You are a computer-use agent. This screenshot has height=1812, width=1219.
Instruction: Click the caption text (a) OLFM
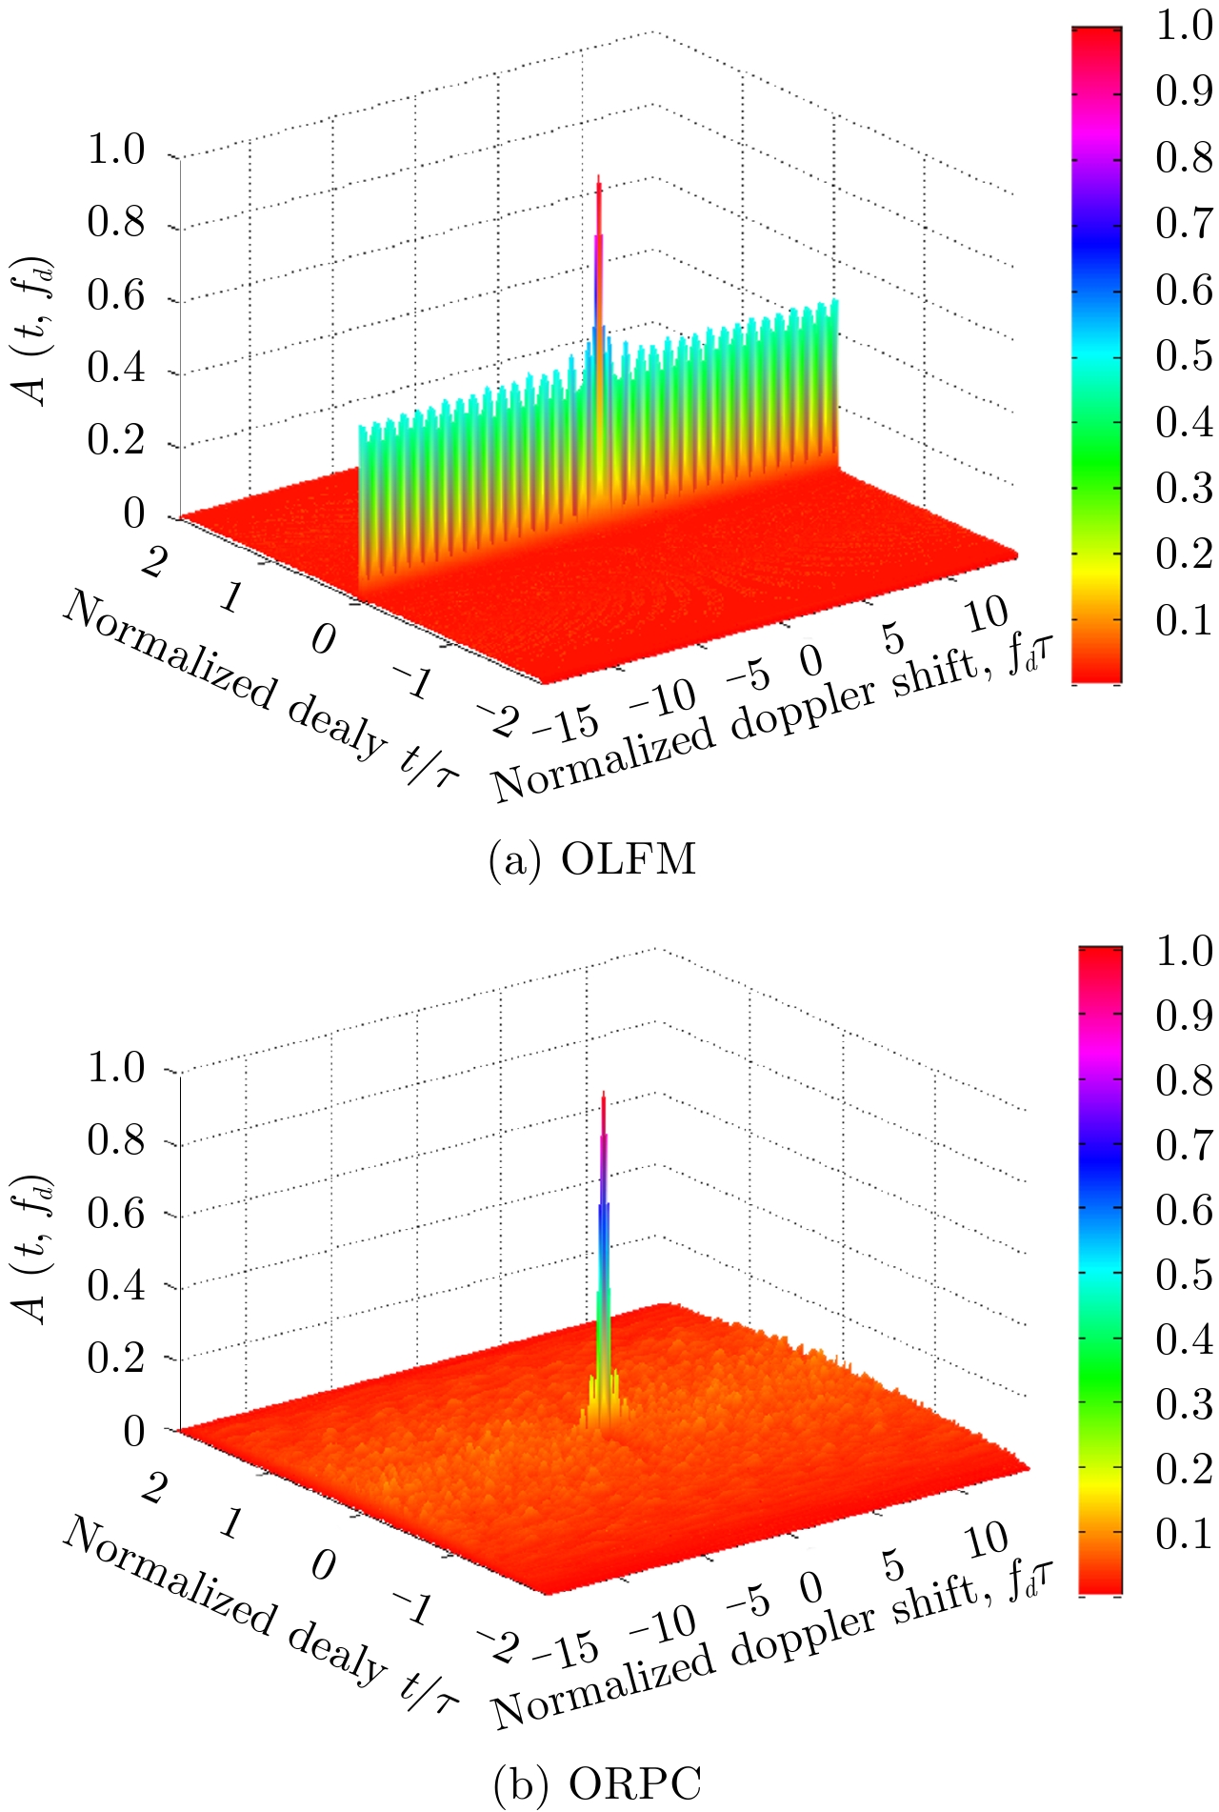591,860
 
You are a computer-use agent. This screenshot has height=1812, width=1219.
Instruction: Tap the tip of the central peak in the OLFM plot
598,178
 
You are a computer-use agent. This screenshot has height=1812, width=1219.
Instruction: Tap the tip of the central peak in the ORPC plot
603,1095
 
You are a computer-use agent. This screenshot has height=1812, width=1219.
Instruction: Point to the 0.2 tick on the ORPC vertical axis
115,1359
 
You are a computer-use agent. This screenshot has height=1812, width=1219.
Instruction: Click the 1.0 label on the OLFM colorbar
1184,27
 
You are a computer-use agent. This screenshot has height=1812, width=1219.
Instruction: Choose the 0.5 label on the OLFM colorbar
1184,356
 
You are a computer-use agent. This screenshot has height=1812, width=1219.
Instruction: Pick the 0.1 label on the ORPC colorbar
1184,1534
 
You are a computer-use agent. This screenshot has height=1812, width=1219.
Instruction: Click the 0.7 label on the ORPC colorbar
1184,1146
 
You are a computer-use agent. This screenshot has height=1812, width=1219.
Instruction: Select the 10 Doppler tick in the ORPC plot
987,1540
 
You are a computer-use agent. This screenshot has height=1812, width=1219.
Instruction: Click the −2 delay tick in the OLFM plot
497,719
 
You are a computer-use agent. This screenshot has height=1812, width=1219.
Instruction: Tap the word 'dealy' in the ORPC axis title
335,1651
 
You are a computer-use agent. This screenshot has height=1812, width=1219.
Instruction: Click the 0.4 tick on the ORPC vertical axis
115,1286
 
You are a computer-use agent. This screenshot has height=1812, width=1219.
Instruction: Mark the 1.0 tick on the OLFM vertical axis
115,150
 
